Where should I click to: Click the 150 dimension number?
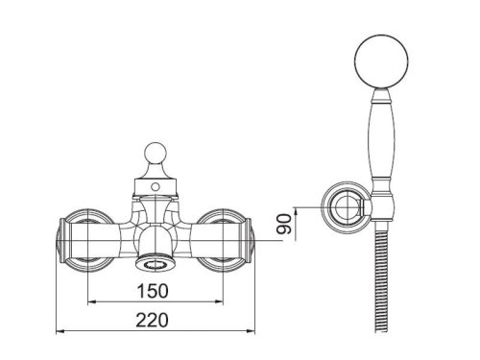click(153, 291)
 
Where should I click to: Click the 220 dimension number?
click(152, 320)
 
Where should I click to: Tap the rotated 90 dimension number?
click(284, 225)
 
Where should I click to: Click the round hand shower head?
click(381, 61)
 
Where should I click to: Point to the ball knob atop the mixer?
click(156, 154)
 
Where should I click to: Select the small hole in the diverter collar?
click(156, 186)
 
